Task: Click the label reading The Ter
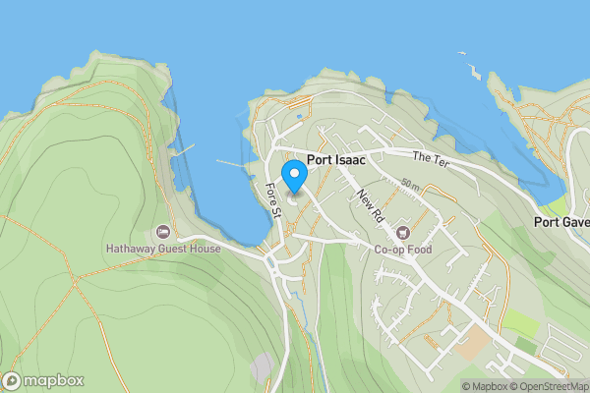pyautogui.click(x=430, y=158)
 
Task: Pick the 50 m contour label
pyautogui.click(x=411, y=186)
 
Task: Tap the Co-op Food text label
pyautogui.click(x=403, y=250)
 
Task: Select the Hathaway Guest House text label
pyautogui.click(x=163, y=249)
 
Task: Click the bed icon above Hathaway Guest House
pyautogui.click(x=163, y=232)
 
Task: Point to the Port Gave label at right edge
pyautogui.click(x=561, y=222)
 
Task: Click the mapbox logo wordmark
pyautogui.click(x=54, y=380)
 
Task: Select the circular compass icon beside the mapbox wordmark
pyautogui.click(x=13, y=380)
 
